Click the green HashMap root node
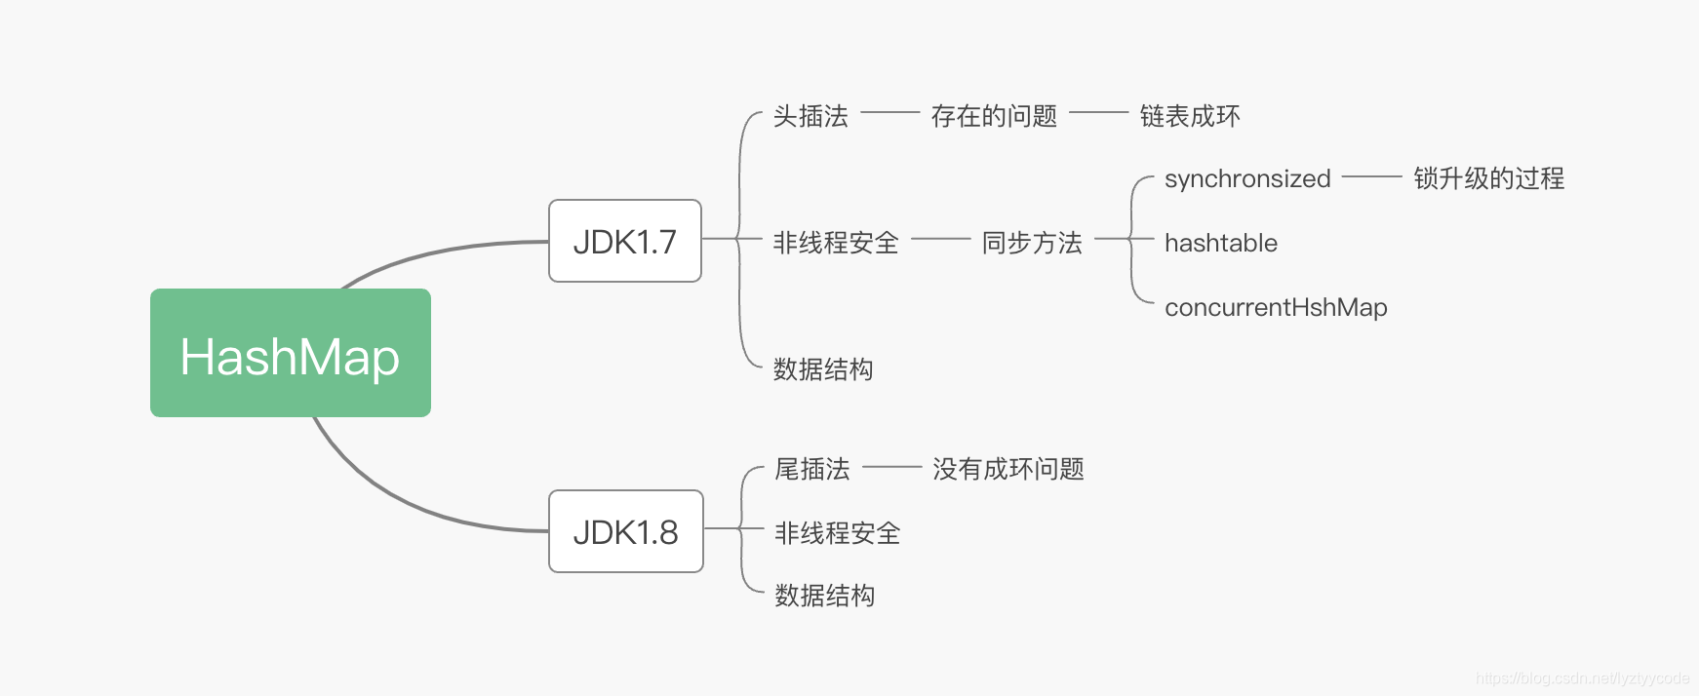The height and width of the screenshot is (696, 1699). (x=291, y=353)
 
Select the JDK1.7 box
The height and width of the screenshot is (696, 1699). (x=625, y=241)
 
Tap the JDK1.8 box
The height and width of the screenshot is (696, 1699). (x=626, y=531)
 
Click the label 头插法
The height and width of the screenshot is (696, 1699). (x=810, y=117)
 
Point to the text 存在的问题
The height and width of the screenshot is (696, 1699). (x=994, y=117)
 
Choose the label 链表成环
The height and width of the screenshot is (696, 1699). (x=1190, y=117)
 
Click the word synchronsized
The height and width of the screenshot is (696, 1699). (x=1247, y=179)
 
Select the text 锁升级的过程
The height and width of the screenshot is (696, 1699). (x=1488, y=178)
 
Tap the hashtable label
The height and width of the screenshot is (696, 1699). (x=1221, y=243)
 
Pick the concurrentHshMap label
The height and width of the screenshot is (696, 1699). (x=1276, y=307)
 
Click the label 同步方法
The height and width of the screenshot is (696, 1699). (x=1032, y=243)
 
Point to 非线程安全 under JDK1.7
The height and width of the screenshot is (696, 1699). (x=836, y=243)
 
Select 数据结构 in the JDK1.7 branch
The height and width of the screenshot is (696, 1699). (x=823, y=369)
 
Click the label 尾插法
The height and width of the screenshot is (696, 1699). (x=812, y=470)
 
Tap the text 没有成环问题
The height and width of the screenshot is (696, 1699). (x=1008, y=470)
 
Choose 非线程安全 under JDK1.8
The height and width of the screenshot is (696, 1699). (x=838, y=533)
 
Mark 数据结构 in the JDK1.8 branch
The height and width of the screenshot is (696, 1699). (x=825, y=596)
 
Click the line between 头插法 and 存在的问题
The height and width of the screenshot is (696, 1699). (x=889, y=113)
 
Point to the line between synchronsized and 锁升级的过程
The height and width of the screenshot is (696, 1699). (x=1371, y=176)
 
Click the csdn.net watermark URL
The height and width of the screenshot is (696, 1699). (x=1582, y=678)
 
